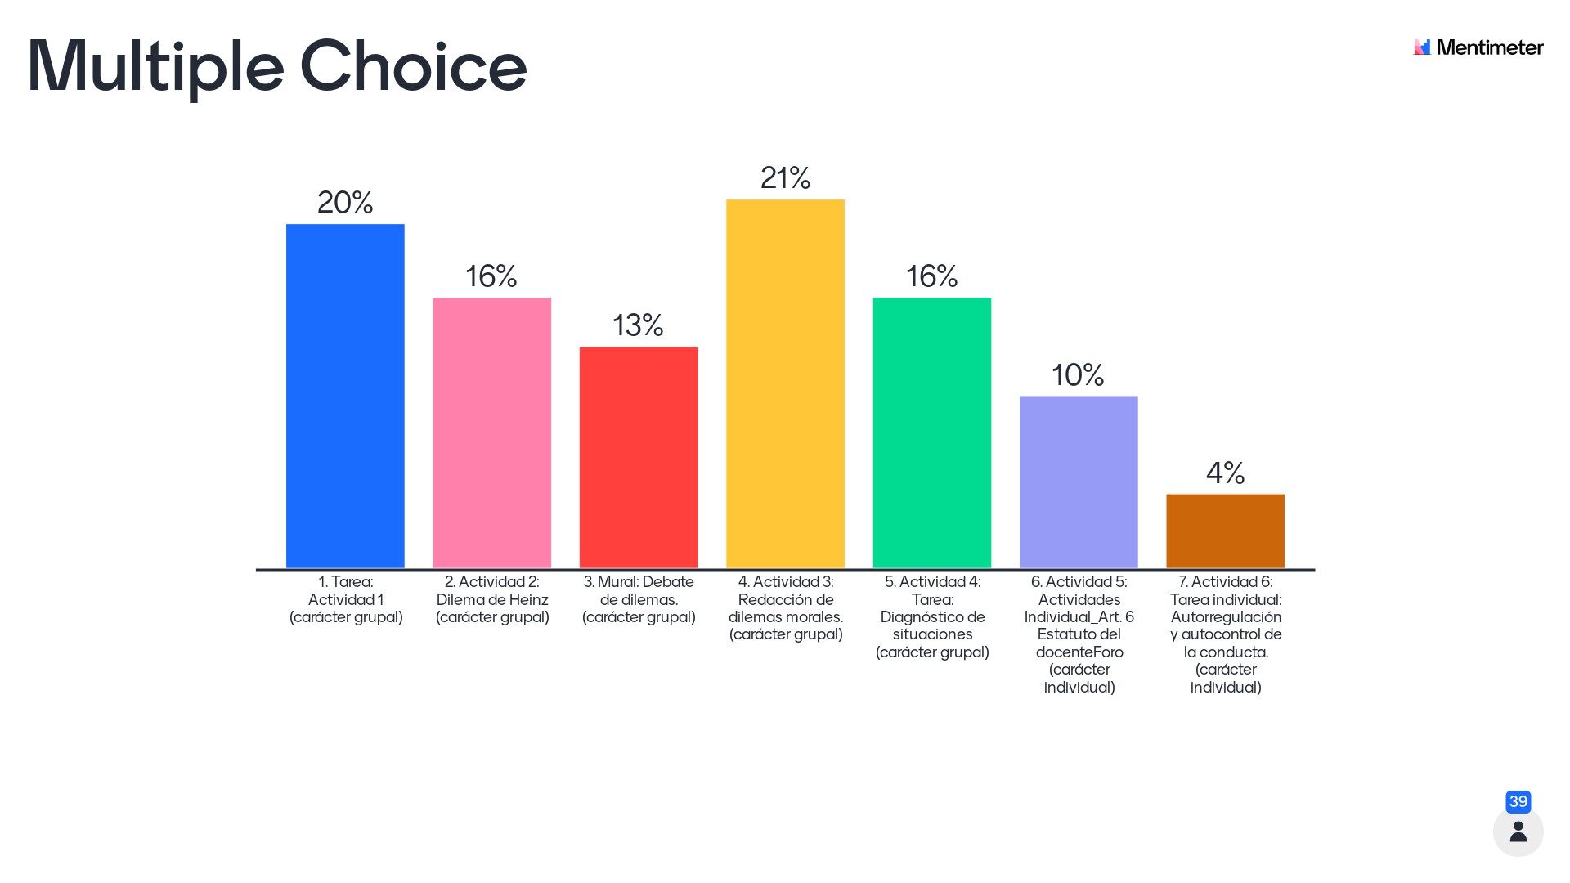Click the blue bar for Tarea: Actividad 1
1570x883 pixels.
345,396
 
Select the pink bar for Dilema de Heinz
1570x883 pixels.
491,433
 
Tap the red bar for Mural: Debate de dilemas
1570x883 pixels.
639,457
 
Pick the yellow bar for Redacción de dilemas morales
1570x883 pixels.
785,383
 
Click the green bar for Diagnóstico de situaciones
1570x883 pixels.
931,433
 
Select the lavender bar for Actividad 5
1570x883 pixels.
1079,482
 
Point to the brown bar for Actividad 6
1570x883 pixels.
1225,531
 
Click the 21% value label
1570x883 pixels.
785,177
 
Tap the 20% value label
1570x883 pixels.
345,202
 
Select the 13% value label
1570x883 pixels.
638,325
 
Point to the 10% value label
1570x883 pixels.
1078,375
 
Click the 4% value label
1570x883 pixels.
1225,473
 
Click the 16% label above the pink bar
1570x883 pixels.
491,276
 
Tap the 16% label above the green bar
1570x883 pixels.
931,276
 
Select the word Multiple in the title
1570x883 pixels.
155,66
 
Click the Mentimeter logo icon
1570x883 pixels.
1422,47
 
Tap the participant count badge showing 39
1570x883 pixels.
1518,801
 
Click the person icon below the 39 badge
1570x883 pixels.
1518,831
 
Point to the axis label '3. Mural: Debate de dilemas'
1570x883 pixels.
639,599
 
